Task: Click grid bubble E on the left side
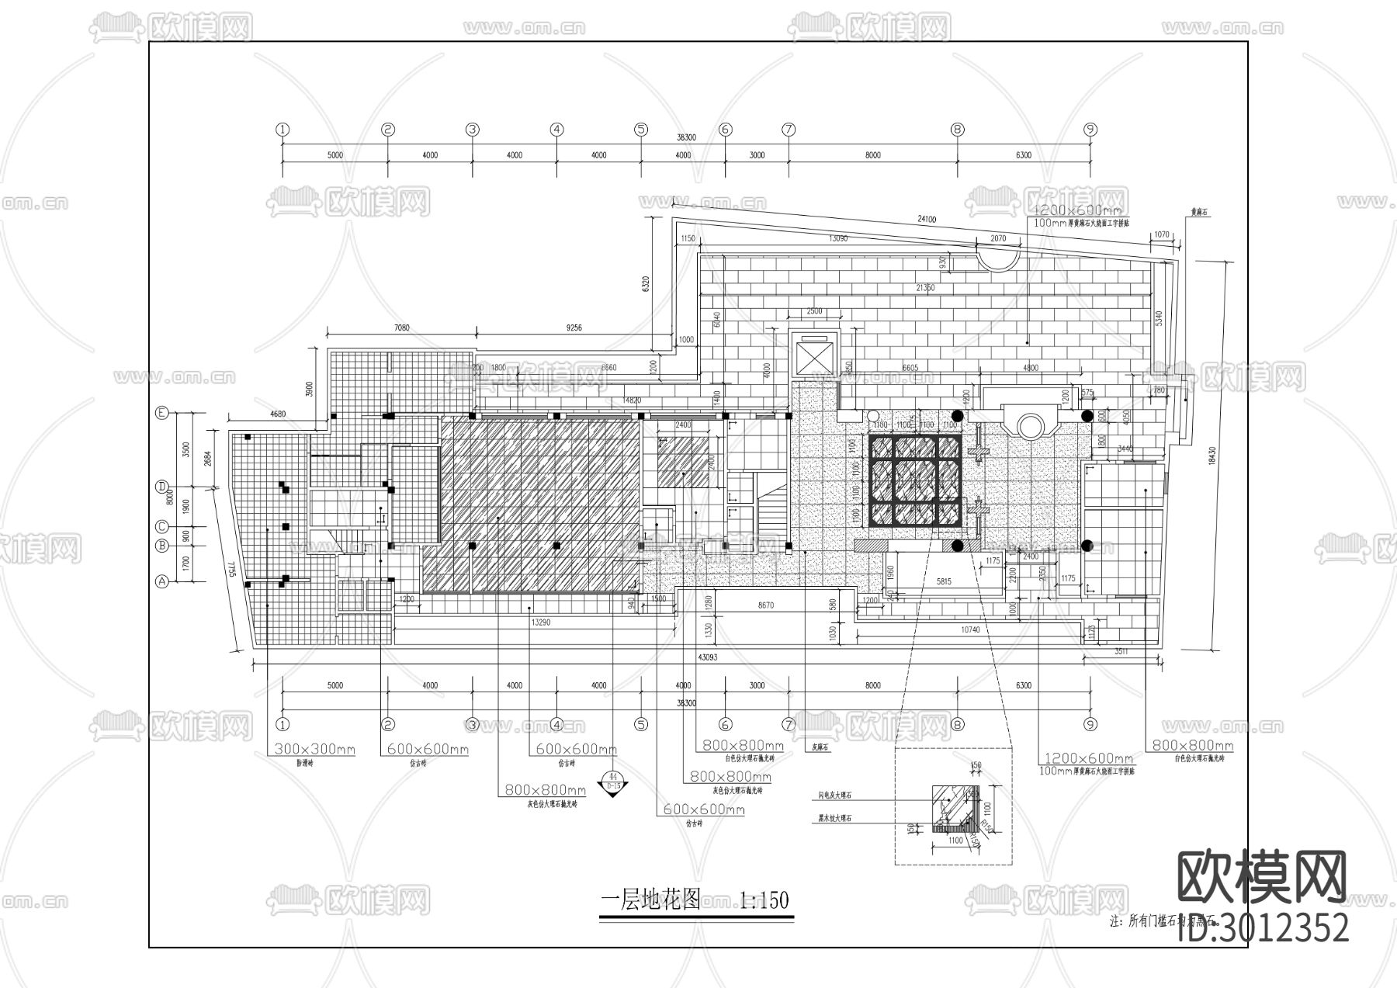click(x=162, y=414)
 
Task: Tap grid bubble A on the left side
click(x=162, y=581)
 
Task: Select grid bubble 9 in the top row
click(x=1090, y=130)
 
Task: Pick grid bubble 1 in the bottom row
click(x=283, y=725)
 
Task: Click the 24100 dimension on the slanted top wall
click(x=927, y=220)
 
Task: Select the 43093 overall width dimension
click(x=707, y=658)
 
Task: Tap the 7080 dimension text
click(x=401, y=328)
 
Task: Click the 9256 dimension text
click(x=574, y=328)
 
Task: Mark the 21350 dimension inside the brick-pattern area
click(x=925, y=288)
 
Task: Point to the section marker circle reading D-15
click(x=613, y=781)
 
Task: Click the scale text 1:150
click(x=764, y=900)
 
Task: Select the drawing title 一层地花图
click(x=650, y=900)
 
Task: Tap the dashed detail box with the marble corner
click(x=953, y=807)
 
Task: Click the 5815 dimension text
click(x=944, y=581)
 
